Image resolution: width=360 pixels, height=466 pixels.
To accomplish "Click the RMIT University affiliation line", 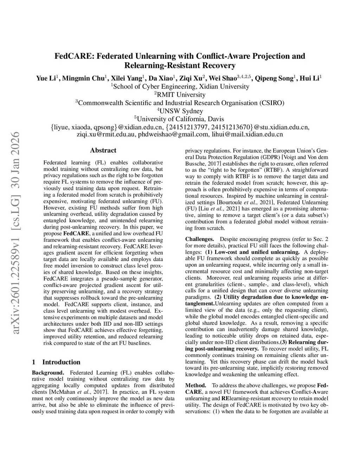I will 180,95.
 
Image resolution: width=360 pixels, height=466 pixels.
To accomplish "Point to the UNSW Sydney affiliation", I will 180,111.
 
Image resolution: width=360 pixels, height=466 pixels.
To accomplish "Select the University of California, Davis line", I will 180,119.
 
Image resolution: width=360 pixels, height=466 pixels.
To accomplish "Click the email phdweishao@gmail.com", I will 173,134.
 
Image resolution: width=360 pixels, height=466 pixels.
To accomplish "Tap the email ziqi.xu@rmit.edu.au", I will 105,134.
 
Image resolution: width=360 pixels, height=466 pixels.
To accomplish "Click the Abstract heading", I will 103,151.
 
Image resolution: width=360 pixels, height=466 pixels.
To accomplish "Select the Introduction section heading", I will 61,362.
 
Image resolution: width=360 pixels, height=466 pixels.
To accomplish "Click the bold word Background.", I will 48,373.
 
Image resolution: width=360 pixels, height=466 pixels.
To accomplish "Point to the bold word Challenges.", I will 199,239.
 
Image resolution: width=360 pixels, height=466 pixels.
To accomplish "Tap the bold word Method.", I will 195,385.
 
